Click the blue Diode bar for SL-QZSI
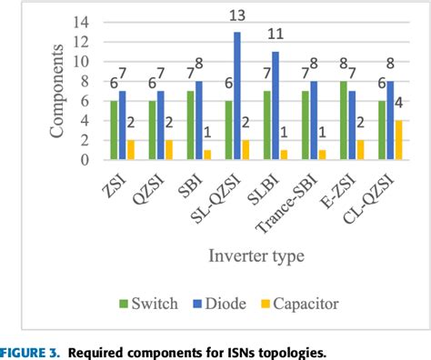tap(237, 96)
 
